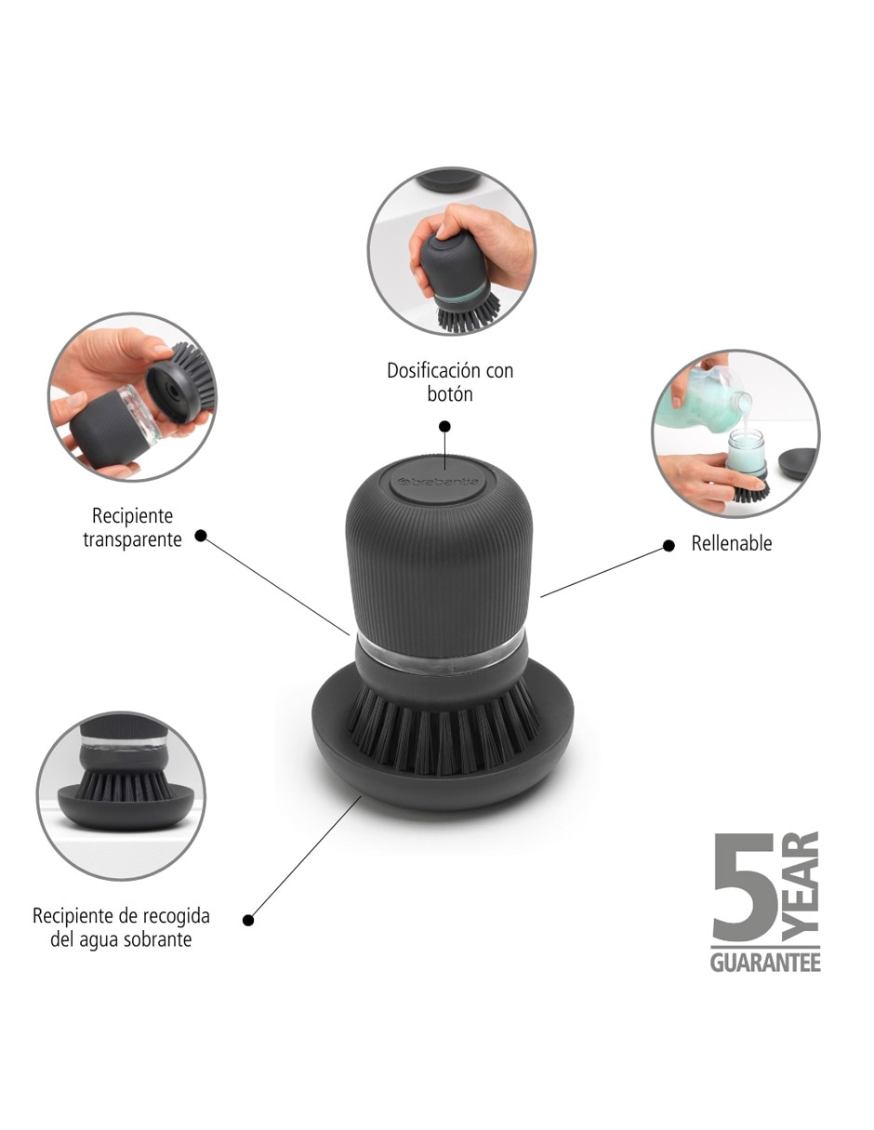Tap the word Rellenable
pyautogui.click(x=731, y=543)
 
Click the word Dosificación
pyautogui.click(x=434, y=371)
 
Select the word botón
pyautogui.click(x=450, y=394)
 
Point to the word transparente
pyautogui.click(x=133, y=540)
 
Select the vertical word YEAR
pyautogui.click(x=800, y=893)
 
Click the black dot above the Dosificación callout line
pyautogui.click(x=444, y=427)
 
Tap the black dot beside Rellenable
pyautogui.click(x=669, y=546)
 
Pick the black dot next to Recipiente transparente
pyautogui.click(x=201, y=536)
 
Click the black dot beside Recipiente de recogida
pyautogui.click(x=248, y=921)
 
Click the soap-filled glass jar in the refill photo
pyautogui.click(x=747, y=450)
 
